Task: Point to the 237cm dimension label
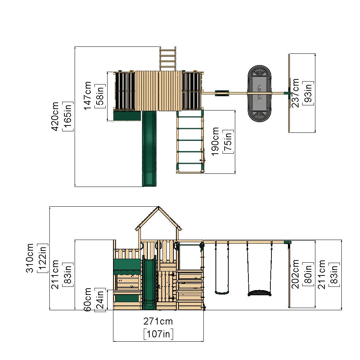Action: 295,93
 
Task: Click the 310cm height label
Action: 30,258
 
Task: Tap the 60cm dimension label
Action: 87,299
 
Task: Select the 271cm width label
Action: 158,322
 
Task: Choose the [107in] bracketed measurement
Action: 158,334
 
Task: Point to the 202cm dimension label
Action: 295,274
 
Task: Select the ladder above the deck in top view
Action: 168,59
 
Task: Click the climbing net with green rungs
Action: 190,142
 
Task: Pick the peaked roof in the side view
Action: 159,220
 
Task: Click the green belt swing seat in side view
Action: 221,292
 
